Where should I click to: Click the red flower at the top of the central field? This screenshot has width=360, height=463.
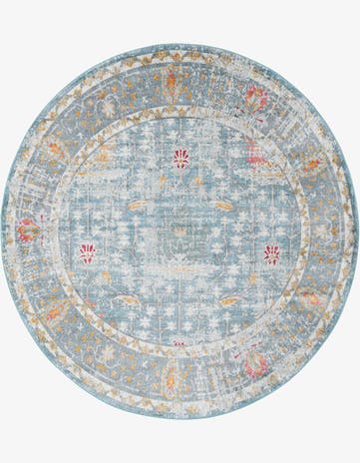click(x=180, y=158)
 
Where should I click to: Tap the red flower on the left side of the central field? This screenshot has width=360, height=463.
click(x=88, y=253)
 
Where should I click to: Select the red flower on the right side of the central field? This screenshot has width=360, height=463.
click(x=271, y=253)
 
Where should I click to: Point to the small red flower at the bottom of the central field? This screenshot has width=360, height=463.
click(x=180, y=342)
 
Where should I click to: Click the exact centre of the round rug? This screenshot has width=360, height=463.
click(x=180, y=231)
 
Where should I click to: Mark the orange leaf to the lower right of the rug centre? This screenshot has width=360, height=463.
click(x=229, y=298)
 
